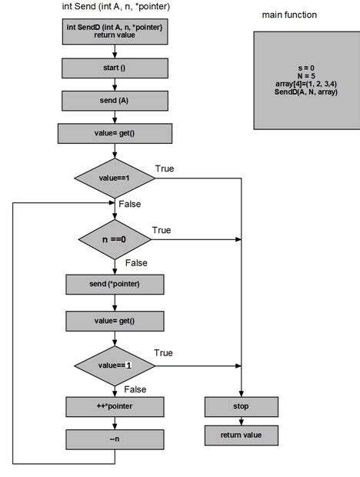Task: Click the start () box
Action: pyautogui.click(x=114, y=68)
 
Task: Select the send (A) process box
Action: pyautogui.click(x=114, y=100)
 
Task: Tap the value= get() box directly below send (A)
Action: pyautogui.click(x=114, y=134)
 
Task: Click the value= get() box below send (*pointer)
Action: pyautogui.click(x=114, y=320)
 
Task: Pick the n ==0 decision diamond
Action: pyautogui.click(x=115, y=239)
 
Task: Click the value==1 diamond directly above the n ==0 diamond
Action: pyautogui.click(x=115, y=178)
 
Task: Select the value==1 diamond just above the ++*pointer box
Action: pyautogui.click(x=115, y=365)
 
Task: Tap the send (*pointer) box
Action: pyautogui.click(x=114, y=284)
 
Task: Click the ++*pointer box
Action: pyautogui.click(x=114, y=405)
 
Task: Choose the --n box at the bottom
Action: pyautogui.click(x=114, y=439)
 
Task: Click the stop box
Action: pyautogui.click(x=241, y=405)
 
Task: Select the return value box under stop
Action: pyautogui.click(x=241, y=435)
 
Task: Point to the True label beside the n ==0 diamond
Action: pyautogui.click(x=162, y=230)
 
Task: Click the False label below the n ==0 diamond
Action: pyautogui.click(x=135, y=263)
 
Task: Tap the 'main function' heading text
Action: pyautogui.click(x=289, y=15)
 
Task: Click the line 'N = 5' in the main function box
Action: pyautogui.click(x=306, y=75)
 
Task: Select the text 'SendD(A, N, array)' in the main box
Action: pyautogui.click(x=306, y=92)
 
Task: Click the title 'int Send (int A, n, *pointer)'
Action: pyautogui.click(x=115, y=7)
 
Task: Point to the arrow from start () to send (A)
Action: pyautogui.click(x=114, y=83)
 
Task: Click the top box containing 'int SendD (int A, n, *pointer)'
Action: pyautogui.click(x=114, y=32)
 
